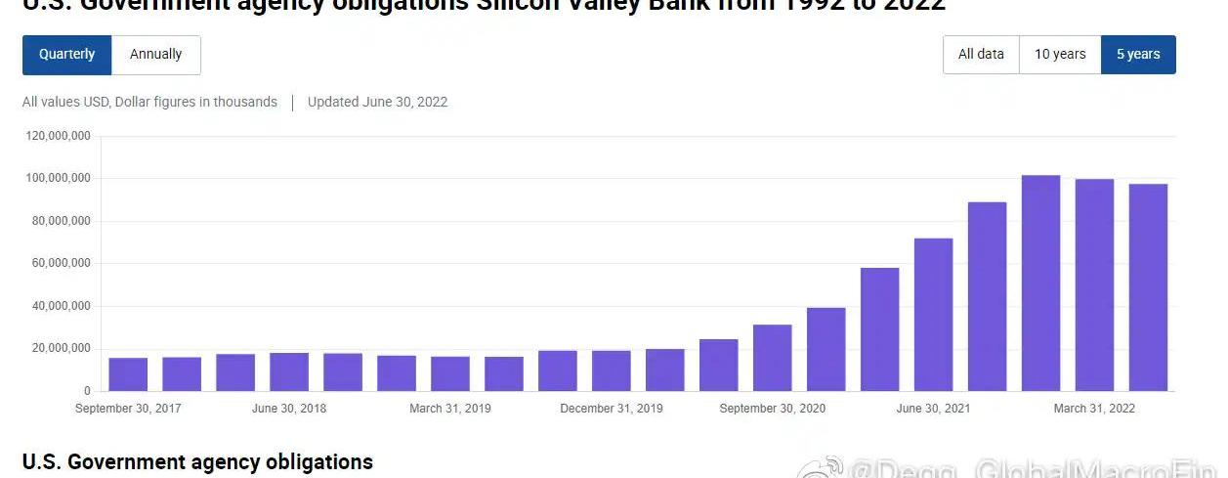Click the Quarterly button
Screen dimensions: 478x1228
[66, 55]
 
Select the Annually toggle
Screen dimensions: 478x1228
[156, 55]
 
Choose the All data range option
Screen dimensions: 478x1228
[981, 55]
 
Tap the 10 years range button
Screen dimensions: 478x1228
[1060, 55]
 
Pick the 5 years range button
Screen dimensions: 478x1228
[1138, 55]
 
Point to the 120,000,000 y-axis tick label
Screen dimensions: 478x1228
[59, 136]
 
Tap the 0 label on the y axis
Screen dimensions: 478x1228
[87, 391]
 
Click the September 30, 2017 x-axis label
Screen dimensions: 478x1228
[128, 409]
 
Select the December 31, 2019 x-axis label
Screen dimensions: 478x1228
[612, 409]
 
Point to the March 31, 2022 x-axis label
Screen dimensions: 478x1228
[1094, 409]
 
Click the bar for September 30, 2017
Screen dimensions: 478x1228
[128, 374]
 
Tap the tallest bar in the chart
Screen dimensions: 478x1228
[1040, 283]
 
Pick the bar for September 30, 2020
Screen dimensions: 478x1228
[772, 358]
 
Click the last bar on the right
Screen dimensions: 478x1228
[1148, 287]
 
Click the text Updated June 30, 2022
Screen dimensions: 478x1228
[377, 102]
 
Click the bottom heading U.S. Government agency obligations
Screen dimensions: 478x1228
[197, 462]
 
